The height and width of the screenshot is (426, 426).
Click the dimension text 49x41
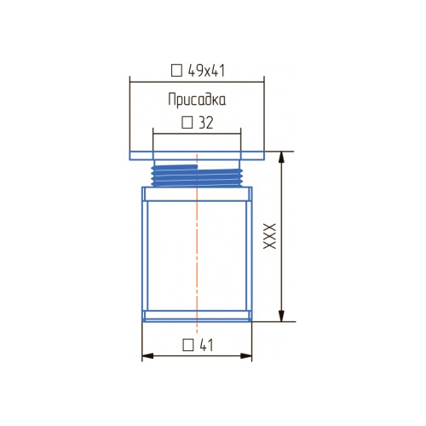[206, 71]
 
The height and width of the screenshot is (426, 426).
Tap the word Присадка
[197, 100]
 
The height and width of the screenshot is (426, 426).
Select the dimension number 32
[205, 123]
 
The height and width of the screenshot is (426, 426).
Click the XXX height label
[269, 236]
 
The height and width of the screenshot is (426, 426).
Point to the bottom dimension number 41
[206, 345]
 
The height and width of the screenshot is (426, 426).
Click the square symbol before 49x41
[176, 71]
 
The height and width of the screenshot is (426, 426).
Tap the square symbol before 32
[187, 123]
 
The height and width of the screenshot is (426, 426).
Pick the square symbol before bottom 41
[188, 345]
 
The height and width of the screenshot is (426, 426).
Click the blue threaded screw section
[197, 176]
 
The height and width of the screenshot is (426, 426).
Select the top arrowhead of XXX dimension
[281, 157]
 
